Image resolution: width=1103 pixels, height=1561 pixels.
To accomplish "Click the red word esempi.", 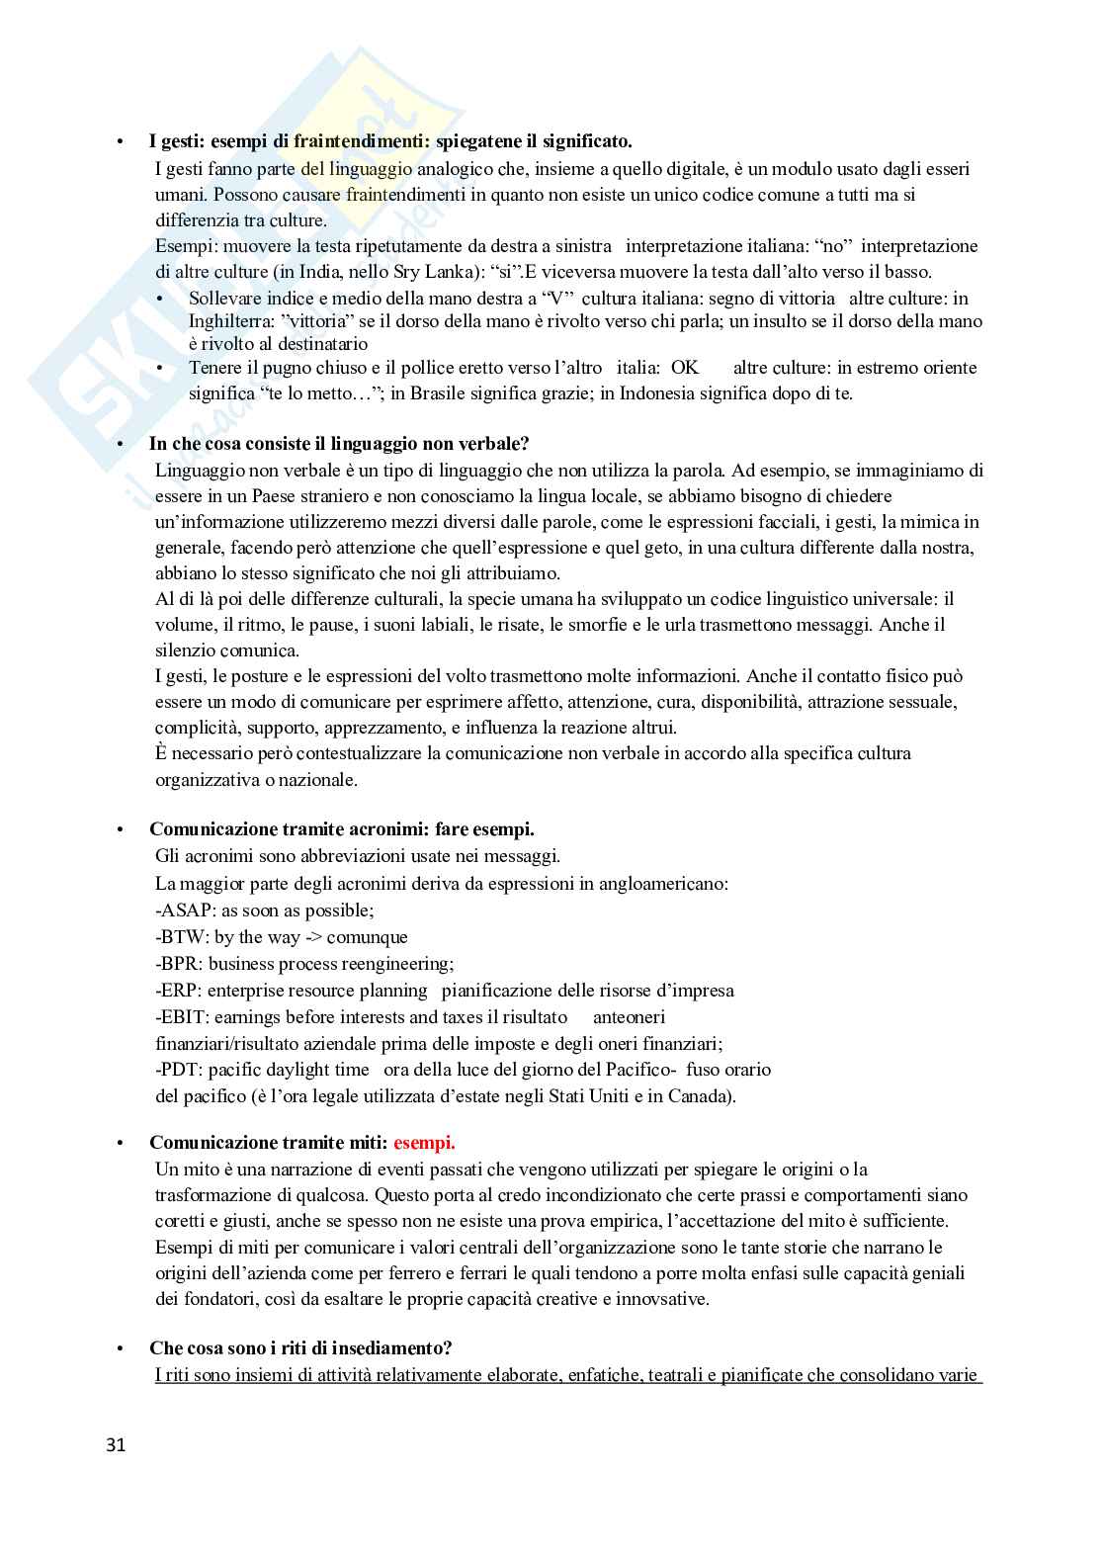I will point(424,1143).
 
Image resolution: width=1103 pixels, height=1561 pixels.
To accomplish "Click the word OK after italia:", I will point(684,368).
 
